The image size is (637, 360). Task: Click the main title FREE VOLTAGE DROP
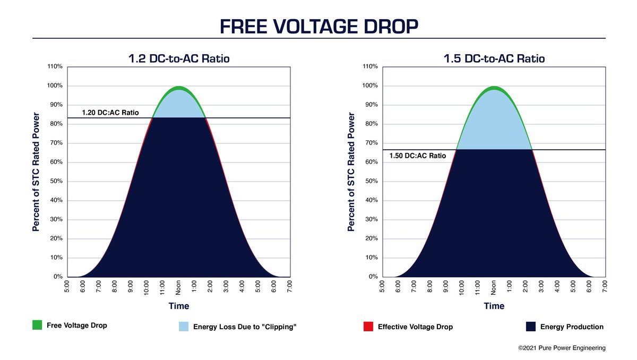click(x=318, y=26)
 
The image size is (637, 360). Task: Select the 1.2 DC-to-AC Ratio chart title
click(x=179, y=58)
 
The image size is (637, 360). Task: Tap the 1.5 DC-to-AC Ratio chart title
click(x=494, y=58)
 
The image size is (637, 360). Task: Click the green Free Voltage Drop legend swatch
click(x=37, y=325)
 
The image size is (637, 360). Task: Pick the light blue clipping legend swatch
click(x=183, y=327)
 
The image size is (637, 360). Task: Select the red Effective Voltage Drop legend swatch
click(x=368, y=327)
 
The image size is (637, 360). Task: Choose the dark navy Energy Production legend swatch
click(x=530, y=327)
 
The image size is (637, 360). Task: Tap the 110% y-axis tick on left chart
click(x=55, y=66)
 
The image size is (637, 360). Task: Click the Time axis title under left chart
click(x=179, y=306)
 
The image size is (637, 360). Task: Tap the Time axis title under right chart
click(x=494, y=306)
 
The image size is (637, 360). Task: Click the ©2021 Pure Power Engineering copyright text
click(x=562, y=348)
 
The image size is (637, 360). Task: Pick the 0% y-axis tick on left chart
click(x=57, y=277)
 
